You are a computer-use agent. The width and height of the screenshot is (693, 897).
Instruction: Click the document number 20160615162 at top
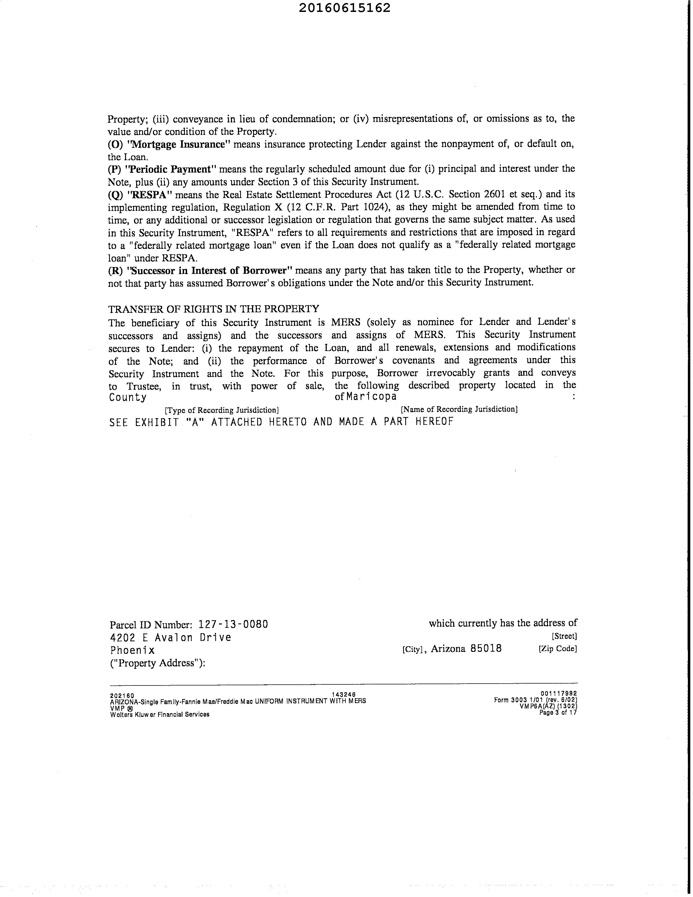tap(344, 8)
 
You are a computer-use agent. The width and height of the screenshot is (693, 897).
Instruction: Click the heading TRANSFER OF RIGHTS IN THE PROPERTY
tap(214, 309)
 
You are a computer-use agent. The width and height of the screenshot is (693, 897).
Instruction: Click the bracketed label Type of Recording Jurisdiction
tap(222, 410)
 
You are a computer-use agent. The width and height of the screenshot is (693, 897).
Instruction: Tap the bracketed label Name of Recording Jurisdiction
tap(459, 409)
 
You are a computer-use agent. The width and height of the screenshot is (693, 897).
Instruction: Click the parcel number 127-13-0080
tap(233, 624)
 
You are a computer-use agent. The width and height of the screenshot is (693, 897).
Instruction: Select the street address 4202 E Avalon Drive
tap(171, 638)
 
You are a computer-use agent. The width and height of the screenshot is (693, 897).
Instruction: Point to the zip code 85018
tap(486, 649)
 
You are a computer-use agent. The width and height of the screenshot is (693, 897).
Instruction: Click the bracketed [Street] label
tap(564, 636)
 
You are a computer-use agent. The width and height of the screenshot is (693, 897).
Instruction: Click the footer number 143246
tap(343, 695)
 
